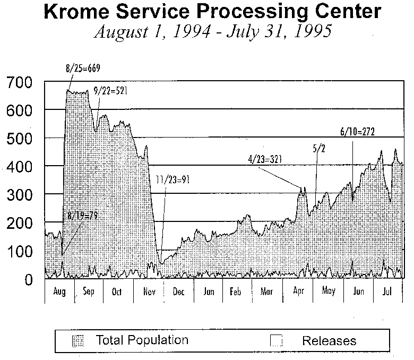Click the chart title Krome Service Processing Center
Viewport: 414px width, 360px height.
pyautogui.click(x=213, y=12)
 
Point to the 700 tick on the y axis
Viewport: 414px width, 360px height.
pyautogui.click(x=19, y=82)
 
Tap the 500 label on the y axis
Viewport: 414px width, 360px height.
pyautogui.click(x=19, y=139)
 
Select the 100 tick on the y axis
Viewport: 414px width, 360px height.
pyautogui.click(x=19, y=251)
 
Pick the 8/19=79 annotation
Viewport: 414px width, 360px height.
pyautogui.click(x=83, y=215)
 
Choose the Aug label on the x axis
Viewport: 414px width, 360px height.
pyautogui.click(x=59, y=292)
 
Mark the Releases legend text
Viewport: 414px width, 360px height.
pyautogui.click(x=329, y=341)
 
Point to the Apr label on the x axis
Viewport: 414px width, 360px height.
pyautogui.click(x=298, y=292)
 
